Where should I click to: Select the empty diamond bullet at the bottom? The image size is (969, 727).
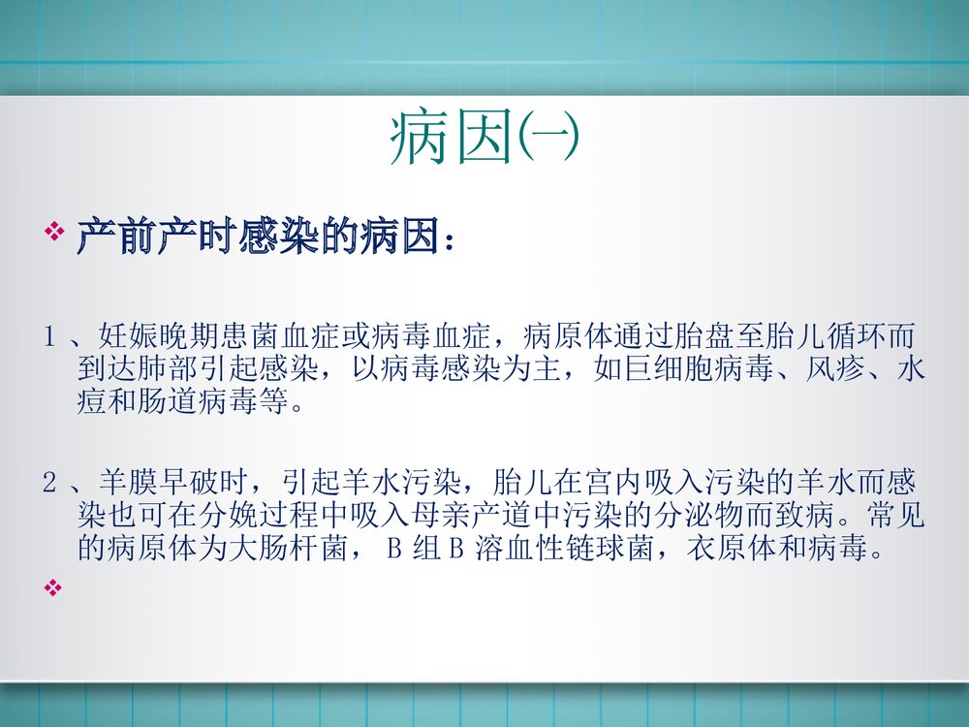tap(54, 585)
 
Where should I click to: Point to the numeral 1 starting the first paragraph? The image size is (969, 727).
tap(48, 338)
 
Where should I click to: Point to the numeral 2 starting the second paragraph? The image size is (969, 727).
tap(48, 484)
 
